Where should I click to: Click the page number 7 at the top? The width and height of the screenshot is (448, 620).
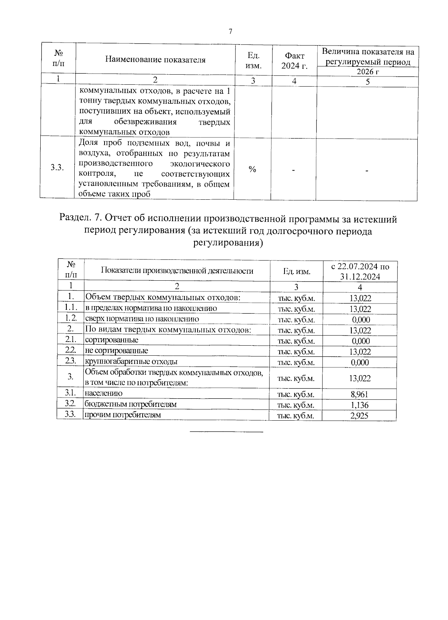[230, 32]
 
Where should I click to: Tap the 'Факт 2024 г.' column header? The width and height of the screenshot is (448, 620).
[294, 60]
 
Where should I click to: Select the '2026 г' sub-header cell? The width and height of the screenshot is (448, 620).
[367, 72]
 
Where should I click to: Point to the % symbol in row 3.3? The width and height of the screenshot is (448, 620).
[252, 169]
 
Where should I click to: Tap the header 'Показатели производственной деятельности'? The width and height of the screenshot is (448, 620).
[177, 271]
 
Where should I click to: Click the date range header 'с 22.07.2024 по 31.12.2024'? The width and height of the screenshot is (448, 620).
[360, 271]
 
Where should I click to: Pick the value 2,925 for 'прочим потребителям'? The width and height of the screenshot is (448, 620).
[360, 415]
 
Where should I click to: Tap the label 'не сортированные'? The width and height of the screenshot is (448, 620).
[116, 351]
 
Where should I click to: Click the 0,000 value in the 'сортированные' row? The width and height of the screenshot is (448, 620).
[361, 341]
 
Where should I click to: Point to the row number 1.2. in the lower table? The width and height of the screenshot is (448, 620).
[71, 318]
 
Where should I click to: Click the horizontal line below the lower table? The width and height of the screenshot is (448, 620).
[227, 432]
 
